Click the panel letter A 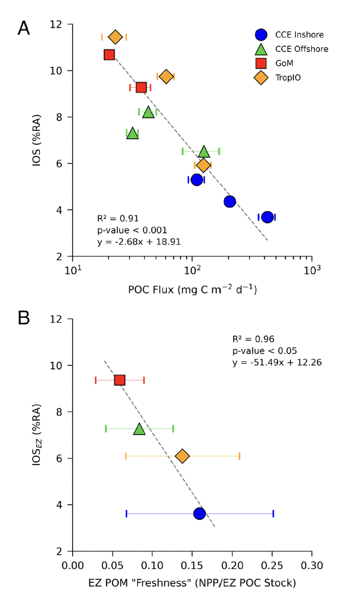[x=24, y=27]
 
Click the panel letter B [x=24, y=318]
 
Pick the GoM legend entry [x=280, y=63]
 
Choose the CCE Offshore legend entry [x=291, y=49]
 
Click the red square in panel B [x=119, y=380]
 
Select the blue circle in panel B [x=199, y=514]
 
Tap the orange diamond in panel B [x=182, y=456]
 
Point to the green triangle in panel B [x=139, y=428]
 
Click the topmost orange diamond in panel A [x=115, y=37]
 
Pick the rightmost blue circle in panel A [x=267, y=217]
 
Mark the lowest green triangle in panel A [x=133, y=133]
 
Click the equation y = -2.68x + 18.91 [x=138, y=242]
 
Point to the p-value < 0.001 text [x=132, y=230]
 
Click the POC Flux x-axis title [x=192, y=290]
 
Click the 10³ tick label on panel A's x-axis [x=312, y=270]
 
